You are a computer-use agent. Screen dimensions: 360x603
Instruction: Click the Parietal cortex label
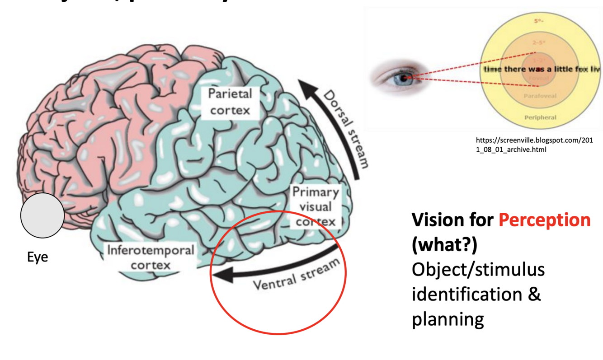point(230,102)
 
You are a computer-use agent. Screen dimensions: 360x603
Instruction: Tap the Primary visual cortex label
point(315,206)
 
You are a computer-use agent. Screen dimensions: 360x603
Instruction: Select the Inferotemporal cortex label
point(150,257)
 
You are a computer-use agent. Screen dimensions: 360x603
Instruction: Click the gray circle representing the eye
point(42,215)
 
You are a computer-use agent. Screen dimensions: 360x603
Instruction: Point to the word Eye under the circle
point(38,257)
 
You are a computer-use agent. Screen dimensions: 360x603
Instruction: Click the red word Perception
point(544,220)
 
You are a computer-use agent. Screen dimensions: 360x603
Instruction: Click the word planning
point(448,319)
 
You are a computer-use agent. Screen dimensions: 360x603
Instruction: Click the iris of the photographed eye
point(403,79)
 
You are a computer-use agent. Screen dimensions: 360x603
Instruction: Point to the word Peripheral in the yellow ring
point(540,117)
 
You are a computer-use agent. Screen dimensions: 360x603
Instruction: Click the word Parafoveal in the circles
point(540,96)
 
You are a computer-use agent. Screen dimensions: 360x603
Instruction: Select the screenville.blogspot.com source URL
point(534,145)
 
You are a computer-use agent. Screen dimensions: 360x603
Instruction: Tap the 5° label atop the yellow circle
point(538,21)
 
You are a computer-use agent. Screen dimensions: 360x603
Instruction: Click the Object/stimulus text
point(478,270)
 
